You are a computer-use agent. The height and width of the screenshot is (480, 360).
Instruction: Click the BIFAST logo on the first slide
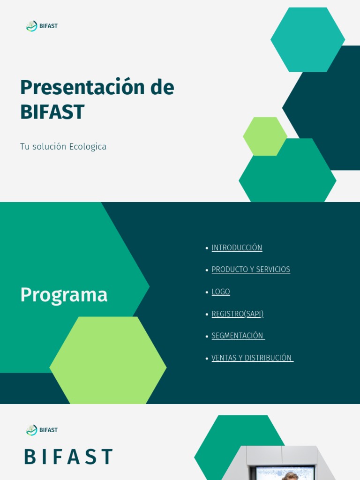click(42, 26)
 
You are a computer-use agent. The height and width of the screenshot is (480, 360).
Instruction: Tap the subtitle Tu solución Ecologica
click(63, 147)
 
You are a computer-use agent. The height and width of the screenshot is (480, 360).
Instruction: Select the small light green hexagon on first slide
click(265, 136)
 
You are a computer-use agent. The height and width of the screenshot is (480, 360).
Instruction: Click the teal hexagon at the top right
click(307, 39)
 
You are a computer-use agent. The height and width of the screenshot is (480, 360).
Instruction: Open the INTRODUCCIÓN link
click(237, 247)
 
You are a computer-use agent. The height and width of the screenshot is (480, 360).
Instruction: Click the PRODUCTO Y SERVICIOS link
click(251, 270)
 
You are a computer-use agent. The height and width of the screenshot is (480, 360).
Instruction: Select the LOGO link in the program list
click(221, 292)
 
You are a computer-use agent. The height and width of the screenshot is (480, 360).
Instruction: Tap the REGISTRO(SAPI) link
click(237, 314)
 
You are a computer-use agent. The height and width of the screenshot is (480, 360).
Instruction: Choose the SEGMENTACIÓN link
click(238, 336)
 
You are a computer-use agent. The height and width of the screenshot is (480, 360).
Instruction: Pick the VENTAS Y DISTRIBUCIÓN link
click(252, 358)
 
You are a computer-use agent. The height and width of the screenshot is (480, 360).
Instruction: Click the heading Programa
click(64, 295)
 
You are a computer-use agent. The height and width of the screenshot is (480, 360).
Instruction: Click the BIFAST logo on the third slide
click(42, 430)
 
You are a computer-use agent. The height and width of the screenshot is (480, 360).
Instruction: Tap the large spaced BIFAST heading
click(68, 457)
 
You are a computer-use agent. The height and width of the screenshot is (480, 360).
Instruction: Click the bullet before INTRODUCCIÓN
click(207, 248)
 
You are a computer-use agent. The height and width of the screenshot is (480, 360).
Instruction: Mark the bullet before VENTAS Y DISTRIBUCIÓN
click(207, 358)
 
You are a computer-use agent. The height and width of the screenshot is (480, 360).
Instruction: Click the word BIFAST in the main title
click(52, 112)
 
